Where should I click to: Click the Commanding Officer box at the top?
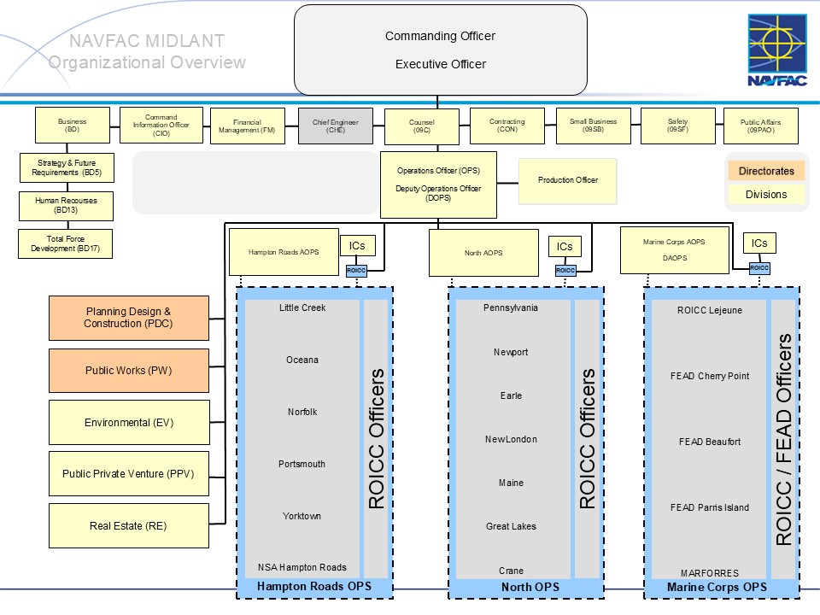[x=440, y=50]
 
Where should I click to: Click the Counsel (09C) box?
[x=421, y=126]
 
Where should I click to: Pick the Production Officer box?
[x=568, y=180]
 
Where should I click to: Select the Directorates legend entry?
[x=766, y=171]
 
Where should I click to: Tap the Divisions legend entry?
[x=766, y=194]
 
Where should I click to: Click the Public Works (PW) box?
[x=128, y=371]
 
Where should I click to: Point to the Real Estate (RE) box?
[x=128, y=526]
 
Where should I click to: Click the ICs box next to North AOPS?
[x=565, y=247]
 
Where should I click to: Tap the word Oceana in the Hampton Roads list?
[x=302, y=360]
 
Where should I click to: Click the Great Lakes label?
[x=511, y=526]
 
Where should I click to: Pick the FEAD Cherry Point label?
[x=709, y=376]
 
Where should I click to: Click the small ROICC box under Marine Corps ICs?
[x=759, y=267]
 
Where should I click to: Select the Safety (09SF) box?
[x=677, y=126]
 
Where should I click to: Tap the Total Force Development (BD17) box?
[x=65, y=243]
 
